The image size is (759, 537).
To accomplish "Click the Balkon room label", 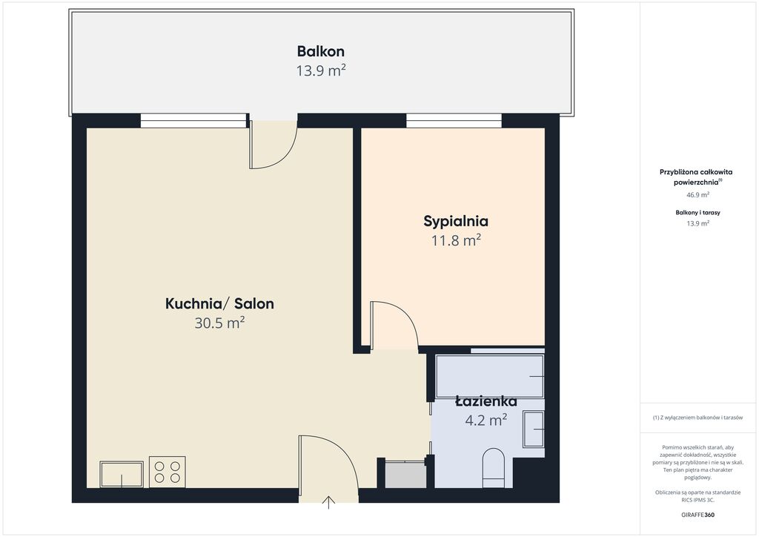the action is point(320,51).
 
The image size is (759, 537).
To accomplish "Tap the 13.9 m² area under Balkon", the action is point(320,70).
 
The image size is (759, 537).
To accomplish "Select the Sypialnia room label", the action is point(456,221).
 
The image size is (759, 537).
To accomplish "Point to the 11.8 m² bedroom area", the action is point(456,240).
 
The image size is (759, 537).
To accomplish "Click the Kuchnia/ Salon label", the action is point(219,303).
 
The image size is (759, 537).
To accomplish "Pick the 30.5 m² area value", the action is point(219,323).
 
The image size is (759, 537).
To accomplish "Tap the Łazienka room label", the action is point(486,401).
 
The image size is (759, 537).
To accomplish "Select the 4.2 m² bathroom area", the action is point(486,420).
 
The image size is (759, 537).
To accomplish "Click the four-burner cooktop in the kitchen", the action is point(167,472).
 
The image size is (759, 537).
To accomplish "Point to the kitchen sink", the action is point(122,474).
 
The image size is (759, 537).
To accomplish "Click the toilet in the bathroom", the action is point(494,468).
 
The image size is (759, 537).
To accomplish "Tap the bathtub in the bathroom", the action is point(490,376).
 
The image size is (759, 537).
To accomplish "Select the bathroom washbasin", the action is point(534,429).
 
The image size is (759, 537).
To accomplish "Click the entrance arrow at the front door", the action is point(328,502).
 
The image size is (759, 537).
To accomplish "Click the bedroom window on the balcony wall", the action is point(454,121).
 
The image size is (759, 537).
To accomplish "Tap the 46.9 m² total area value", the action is point(697,194).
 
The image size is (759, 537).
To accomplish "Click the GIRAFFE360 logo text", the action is point(697,515).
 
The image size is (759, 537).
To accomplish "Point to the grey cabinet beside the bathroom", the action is point(405,475).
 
